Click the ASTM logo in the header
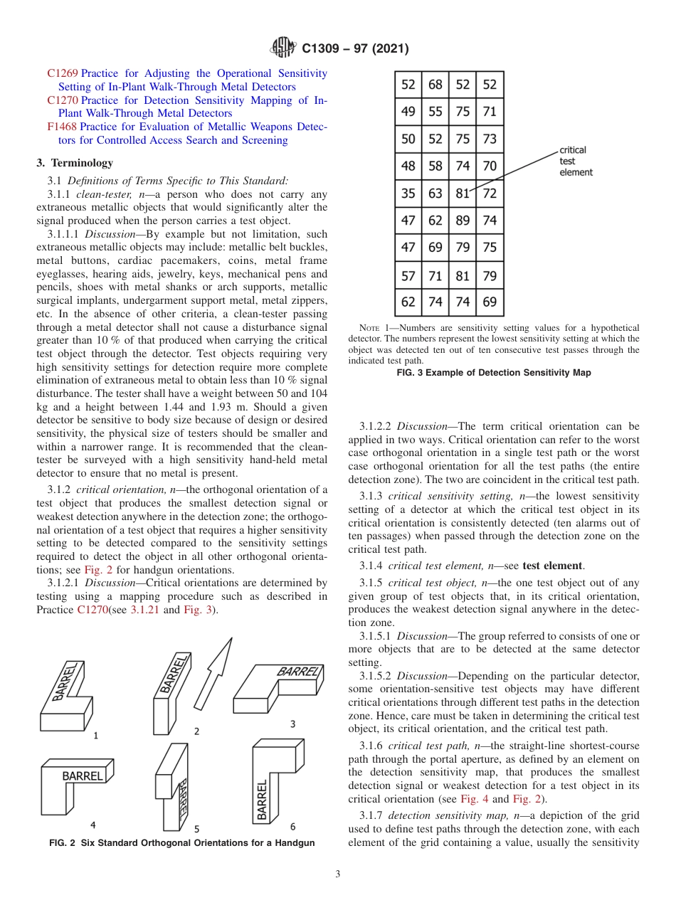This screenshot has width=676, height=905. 284,48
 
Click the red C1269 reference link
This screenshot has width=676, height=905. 63,73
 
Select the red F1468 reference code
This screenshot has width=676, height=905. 63,127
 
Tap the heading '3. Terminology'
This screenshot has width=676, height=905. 74,163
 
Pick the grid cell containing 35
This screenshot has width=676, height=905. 408,194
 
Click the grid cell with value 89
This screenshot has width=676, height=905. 463,221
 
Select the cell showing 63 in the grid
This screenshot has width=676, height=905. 435,194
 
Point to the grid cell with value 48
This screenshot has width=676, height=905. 408,166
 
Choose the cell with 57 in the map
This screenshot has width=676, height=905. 408,275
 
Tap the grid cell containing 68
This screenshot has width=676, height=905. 435,85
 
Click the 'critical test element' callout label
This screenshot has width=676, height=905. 575,162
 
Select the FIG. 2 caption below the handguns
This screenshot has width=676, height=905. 181,843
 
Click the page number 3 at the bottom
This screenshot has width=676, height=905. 338,874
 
